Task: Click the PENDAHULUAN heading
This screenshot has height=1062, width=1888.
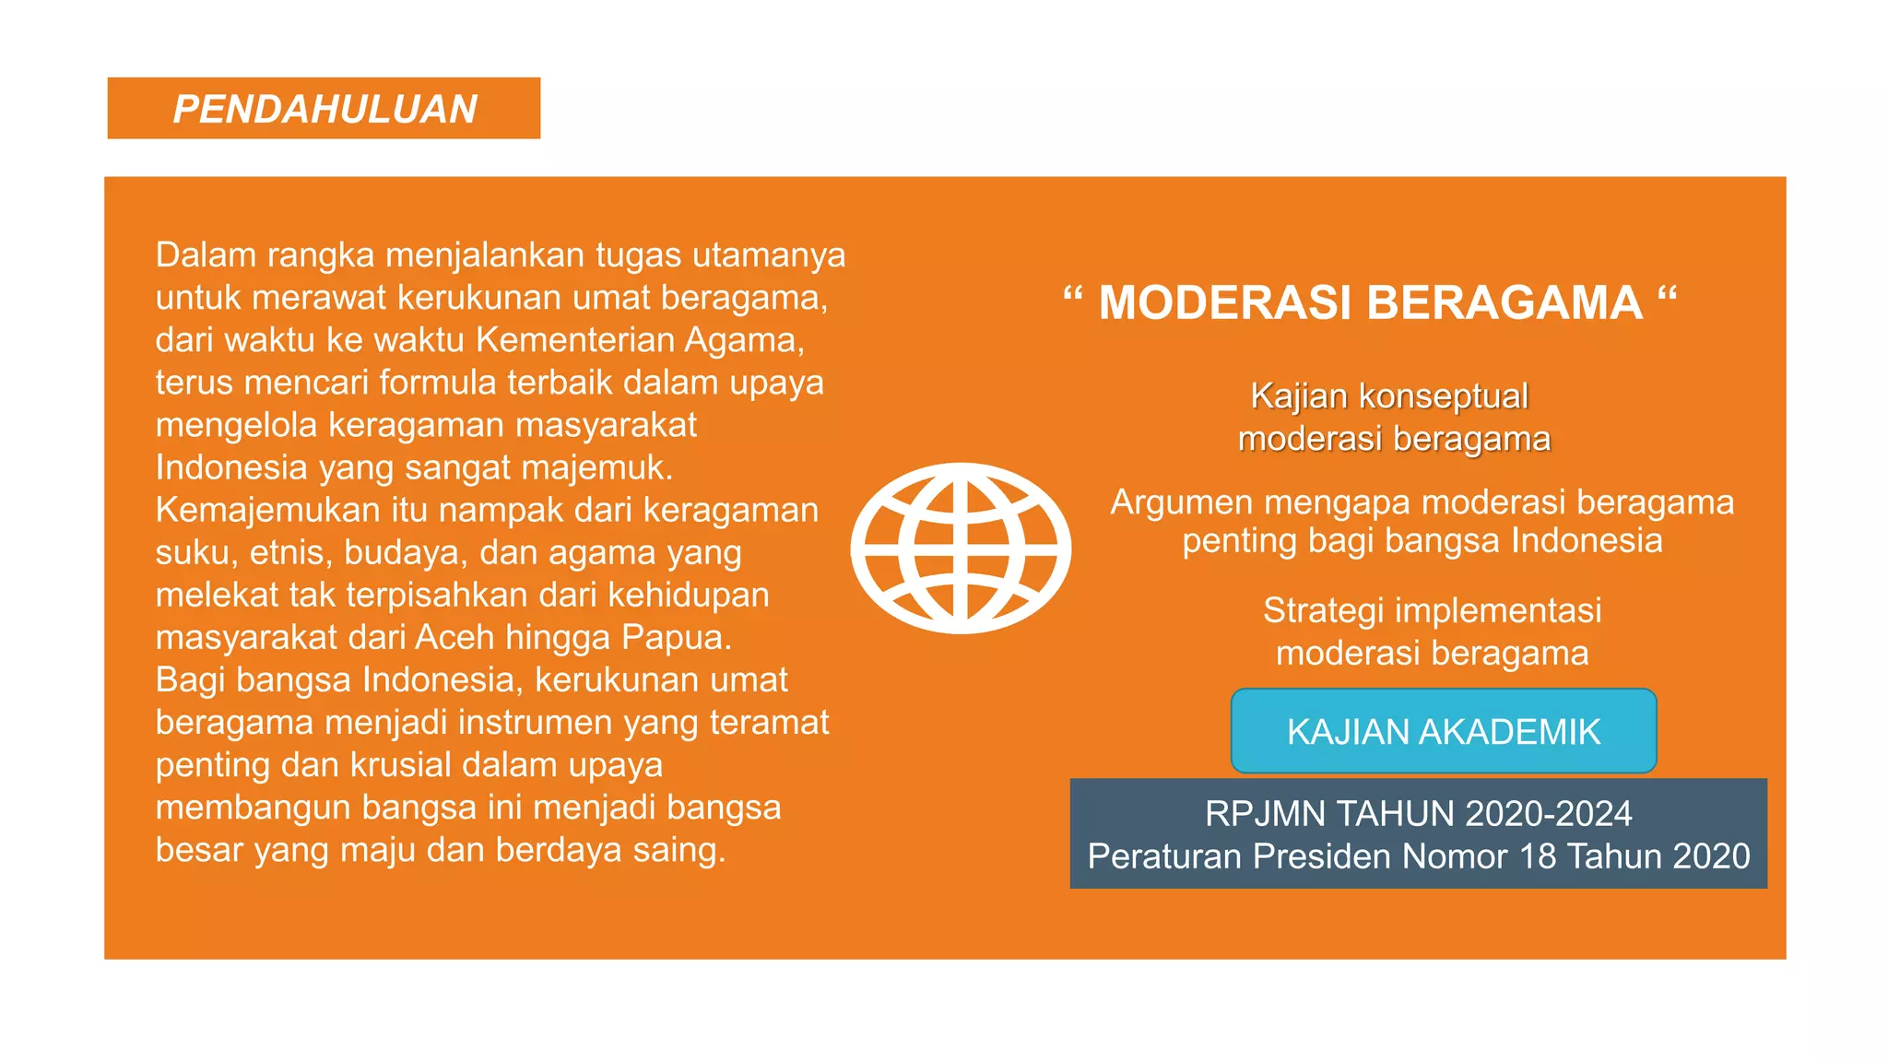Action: point(324,109)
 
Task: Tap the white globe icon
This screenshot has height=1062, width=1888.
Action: point(961,549)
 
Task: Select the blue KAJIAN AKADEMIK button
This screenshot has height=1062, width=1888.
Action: point(1443,731)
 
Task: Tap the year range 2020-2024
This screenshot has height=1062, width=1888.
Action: point(1548,814)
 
